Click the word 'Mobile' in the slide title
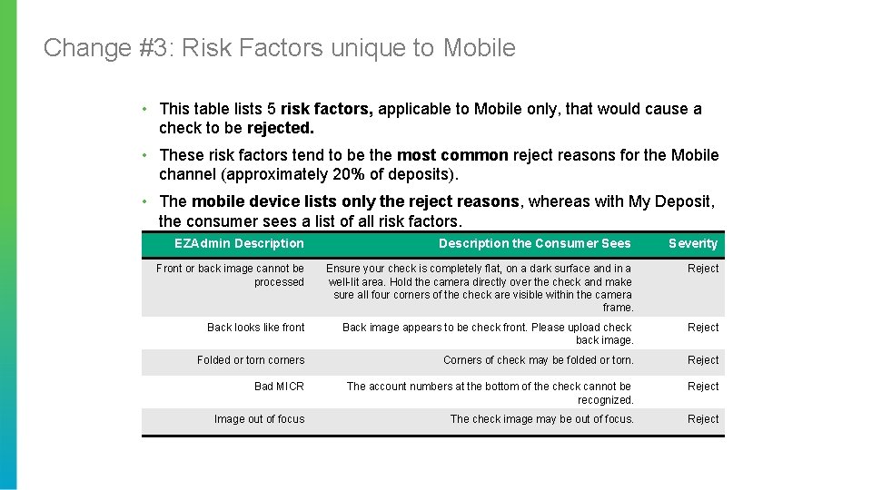(x=479, y=47)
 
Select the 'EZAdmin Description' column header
(x=239, y=243)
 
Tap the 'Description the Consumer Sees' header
(x=534, y=243)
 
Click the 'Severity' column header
(x=693, y=243)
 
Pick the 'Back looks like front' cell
(x=256, y=328)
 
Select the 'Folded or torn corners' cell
(x=251, y=360)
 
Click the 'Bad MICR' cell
(x=279, y=387)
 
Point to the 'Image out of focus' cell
(x=259, y=419)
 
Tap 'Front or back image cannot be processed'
(x=231, y=275)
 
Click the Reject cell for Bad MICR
(x=703, y=387)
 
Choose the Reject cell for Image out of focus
(x=703, y=419)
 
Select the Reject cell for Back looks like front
(x=703, y=328)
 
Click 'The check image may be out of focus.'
(x=541, y=419)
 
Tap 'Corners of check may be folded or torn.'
(x=538, y=360)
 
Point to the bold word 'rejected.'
(x=281, y=128)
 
